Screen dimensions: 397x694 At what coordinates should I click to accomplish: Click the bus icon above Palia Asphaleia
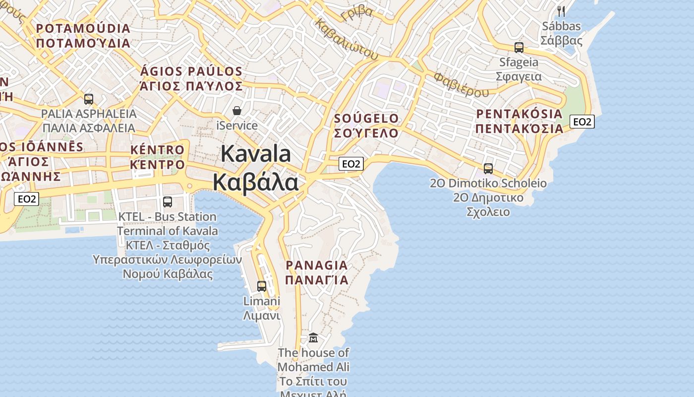coord(89,99)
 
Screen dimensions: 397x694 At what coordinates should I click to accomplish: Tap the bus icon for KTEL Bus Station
coord(168,202)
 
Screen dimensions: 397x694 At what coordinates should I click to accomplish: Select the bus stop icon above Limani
coord(262,286)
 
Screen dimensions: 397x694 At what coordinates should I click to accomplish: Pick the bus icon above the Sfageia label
coord(519,48)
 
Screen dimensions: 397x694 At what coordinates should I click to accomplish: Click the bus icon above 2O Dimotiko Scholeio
coord(488,169)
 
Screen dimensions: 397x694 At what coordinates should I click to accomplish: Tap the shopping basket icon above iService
coord(237,110)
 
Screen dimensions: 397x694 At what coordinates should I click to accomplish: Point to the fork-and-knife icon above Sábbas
coord(561,11)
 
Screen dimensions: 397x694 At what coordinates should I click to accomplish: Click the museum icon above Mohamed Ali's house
coord(313,338)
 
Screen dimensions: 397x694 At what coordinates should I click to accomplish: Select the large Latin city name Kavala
coord(256,154)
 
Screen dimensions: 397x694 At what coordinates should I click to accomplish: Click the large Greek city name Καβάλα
coord(256,182)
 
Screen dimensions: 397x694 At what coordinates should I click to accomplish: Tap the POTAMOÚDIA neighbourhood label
coord(83,29)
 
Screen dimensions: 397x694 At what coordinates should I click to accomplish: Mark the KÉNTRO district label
coord(157,150)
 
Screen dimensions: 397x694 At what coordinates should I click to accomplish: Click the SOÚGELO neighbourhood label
coord(366,119)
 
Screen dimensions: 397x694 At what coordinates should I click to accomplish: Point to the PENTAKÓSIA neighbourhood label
coord(520,114)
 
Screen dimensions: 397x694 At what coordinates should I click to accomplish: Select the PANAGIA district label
coord(317,265)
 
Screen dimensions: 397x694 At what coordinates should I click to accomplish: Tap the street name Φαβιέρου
coord(461,84)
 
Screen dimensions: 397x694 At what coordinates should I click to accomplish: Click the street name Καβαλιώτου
coord(347,40)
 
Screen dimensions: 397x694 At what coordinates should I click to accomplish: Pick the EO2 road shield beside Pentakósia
coord(581,122)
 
